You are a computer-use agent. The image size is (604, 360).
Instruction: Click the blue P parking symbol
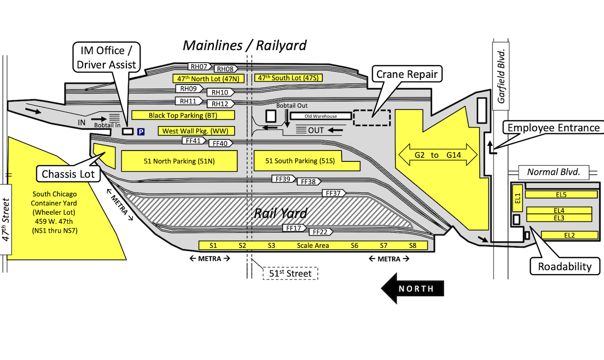click(x=141, y=132)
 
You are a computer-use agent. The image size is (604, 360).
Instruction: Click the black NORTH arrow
click(x=413, y=288)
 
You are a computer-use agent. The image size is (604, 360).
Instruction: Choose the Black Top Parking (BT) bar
click(x=183, y=115)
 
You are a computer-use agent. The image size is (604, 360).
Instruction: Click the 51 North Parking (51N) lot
click(x=179, y=161)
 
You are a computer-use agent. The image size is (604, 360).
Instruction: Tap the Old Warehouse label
click(x=320, y=116)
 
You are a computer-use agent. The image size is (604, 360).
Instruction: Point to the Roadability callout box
click(x=565, y=267)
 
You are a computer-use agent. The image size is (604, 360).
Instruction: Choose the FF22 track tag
click(x=320, y=232)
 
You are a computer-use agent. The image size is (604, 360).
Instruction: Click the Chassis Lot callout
click(x=68, y=174)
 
